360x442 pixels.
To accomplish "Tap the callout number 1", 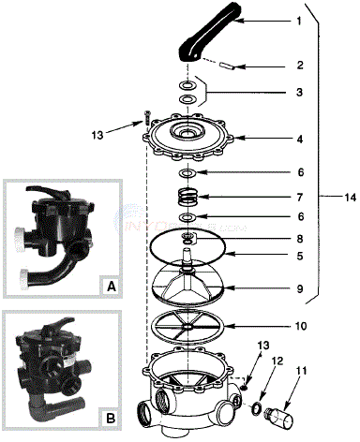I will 273,20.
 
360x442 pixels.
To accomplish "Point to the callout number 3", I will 273,93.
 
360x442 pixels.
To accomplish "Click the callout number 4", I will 273,139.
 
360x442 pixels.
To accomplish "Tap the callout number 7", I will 273,198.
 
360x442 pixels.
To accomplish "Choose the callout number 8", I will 273,239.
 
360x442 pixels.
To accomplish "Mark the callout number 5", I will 273,254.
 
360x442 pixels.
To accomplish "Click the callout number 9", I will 273,288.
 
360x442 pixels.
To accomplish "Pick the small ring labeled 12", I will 255,408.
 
